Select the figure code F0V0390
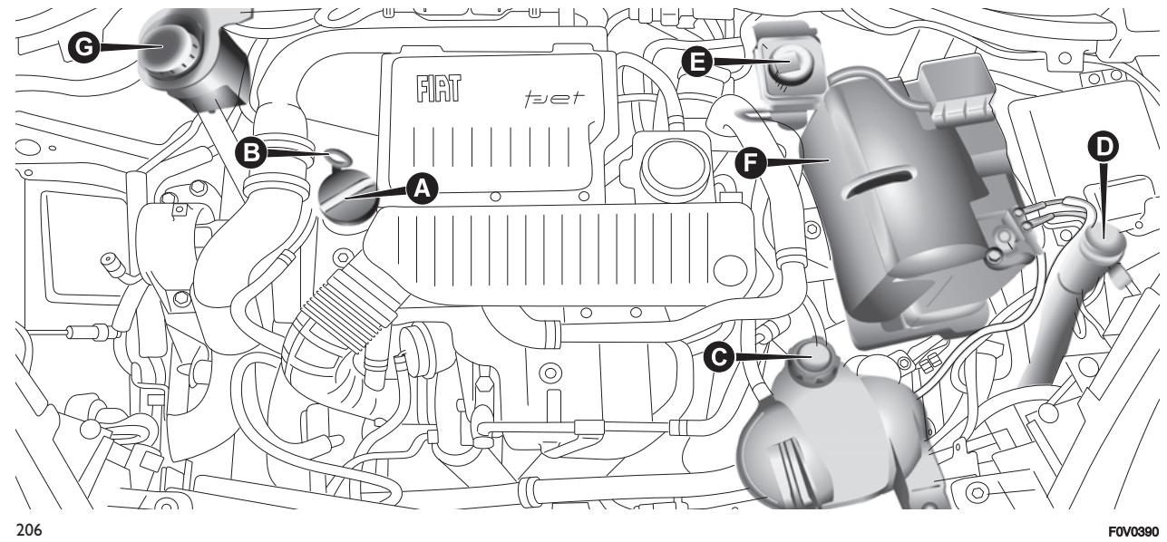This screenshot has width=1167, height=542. pyautogui.click(x=1139, y=533)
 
